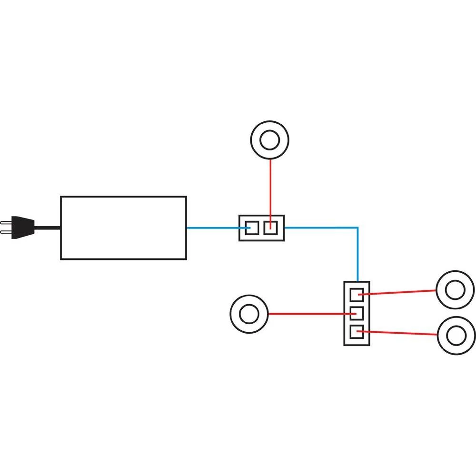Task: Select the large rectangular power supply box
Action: (123, 228)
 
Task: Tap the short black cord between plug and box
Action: (48, 228)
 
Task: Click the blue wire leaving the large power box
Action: (212, 228)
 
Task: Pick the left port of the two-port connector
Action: (251, 228)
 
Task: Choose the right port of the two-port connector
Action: (270, 228)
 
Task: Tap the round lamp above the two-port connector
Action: (270, 139)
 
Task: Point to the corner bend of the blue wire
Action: (357, 228)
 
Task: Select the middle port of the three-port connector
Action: (357, 314)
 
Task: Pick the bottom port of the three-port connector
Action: (357, 332)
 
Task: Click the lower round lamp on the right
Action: (456, 336)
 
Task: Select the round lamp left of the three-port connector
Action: (248, 314)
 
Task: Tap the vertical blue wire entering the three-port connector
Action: (357, 257)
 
